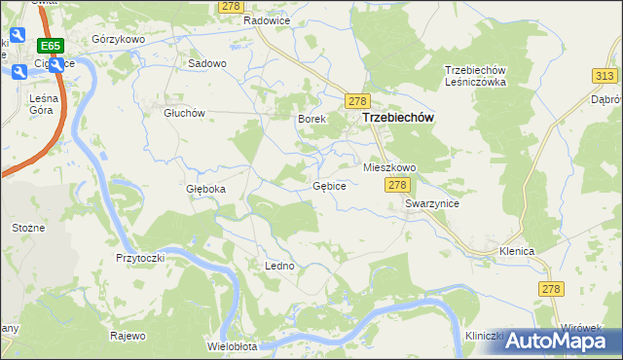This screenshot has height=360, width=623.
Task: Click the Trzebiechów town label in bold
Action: [397, 118]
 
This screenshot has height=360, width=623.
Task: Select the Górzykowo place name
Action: [118, 39]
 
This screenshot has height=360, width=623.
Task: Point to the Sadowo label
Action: [207, 63]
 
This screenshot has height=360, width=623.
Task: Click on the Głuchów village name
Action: [184, 113]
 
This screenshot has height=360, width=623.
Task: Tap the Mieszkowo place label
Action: [389, 167]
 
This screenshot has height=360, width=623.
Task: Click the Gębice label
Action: [329, 186]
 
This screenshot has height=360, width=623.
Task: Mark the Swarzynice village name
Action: [432, 204]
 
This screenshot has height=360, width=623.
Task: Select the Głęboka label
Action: [205, 189]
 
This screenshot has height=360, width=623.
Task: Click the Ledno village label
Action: [278, 266]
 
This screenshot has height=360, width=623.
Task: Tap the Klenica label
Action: [517, 251]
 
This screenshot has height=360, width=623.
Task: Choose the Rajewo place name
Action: [128, 337]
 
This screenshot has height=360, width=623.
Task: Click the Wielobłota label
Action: [232, 346]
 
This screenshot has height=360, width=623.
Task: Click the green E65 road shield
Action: [51, 46]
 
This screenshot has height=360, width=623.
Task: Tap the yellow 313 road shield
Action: [604, 76]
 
